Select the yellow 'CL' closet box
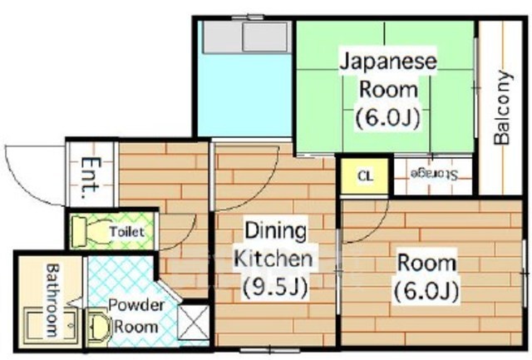pyautogui.click(x=364, y=175)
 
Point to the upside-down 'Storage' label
pyautogui.click(x=433, y=174)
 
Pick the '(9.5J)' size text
pyautogui.click(x=274, y=287)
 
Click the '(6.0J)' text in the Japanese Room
pyautogui.click(x=387, y=116)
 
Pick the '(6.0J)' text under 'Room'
pyautogui.click(x=426, y=292)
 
